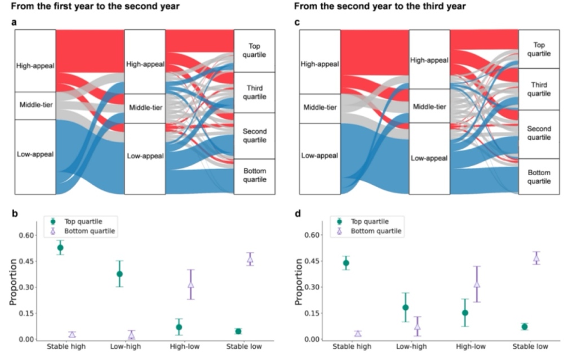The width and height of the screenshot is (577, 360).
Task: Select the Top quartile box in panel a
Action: click(254, 50)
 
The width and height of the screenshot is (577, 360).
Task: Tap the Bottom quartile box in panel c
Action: click(539, 177)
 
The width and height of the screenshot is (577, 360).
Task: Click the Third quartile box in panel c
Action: click(539, 89)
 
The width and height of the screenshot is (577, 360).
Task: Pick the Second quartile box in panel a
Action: click(254, 136)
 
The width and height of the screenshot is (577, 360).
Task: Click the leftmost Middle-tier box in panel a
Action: click(35, 105)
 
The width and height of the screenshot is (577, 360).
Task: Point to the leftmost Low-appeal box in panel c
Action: click(319, 155)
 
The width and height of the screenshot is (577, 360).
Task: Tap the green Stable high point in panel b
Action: click(60, 247)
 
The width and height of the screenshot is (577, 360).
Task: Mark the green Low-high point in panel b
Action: click(119, 274)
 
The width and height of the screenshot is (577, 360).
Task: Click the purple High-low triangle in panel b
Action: click(190, 285)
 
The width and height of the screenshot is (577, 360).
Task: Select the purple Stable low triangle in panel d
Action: click(536, 258)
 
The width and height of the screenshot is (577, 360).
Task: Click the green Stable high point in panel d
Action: click(346, 263)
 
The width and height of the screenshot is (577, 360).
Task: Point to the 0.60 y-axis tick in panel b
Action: click(26, 235)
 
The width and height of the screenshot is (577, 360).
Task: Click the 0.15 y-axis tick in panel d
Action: click(311, 313)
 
